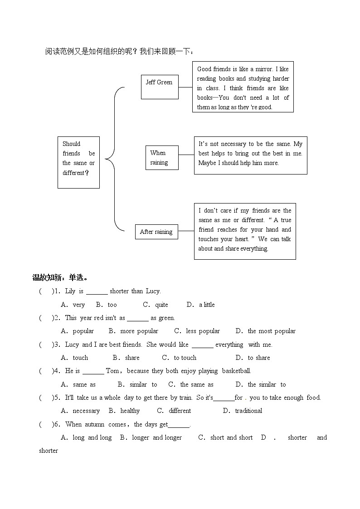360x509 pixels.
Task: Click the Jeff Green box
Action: click(159, 87)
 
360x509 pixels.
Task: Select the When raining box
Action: click(162, 158)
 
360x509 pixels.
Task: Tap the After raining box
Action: click(156, 232)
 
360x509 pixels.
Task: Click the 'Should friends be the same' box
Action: click(78, 162)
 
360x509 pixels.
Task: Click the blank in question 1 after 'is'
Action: click(97, 292)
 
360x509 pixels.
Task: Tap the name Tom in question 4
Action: click(112, 371)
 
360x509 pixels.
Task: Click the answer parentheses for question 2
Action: click(47, 318)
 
